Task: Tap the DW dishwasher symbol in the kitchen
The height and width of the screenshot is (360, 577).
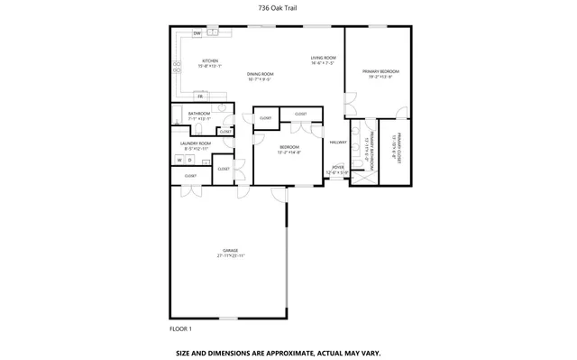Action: (197, 33)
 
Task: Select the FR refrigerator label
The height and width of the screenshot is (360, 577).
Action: (200, 96)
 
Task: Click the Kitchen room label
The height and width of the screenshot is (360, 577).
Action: (210, 61)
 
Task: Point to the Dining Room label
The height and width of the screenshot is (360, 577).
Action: (261, 74)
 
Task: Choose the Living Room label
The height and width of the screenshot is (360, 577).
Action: (323, 58)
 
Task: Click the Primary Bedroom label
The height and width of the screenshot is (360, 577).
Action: (380, 71)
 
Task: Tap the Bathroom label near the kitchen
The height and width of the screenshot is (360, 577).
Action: (198, 114)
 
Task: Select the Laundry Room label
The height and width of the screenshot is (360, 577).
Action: (196, 143)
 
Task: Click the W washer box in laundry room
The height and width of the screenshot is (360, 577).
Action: (179, 160)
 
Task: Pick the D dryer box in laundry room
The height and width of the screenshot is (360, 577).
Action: (189, 160)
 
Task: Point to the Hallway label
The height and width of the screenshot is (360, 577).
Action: (338, 143)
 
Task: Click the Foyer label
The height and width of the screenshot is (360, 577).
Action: (337, 167)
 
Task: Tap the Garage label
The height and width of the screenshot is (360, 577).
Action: (231, 250)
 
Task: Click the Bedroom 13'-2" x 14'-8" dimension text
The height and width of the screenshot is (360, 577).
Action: (288, 152)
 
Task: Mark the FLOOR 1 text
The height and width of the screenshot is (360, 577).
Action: (181, 328)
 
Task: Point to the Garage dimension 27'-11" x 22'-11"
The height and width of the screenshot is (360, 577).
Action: (231, 256)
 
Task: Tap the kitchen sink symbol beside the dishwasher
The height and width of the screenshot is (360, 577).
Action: (214, 32)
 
